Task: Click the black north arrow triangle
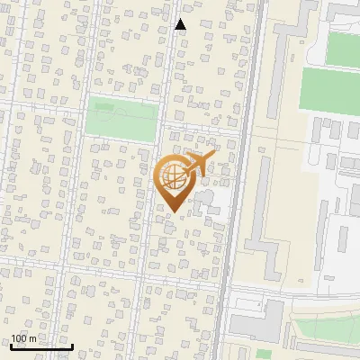tap(180, 24)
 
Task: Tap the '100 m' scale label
tap(24, 338)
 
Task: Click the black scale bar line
tap(41, 346)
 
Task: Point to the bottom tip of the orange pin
tap(174, 213)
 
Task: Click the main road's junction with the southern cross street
tap(222, 288)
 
